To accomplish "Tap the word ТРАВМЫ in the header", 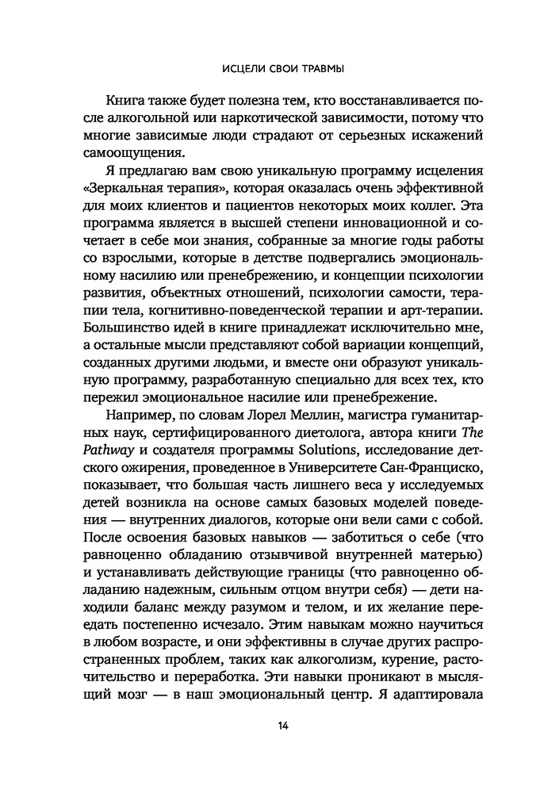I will click(x=319, y=69).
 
